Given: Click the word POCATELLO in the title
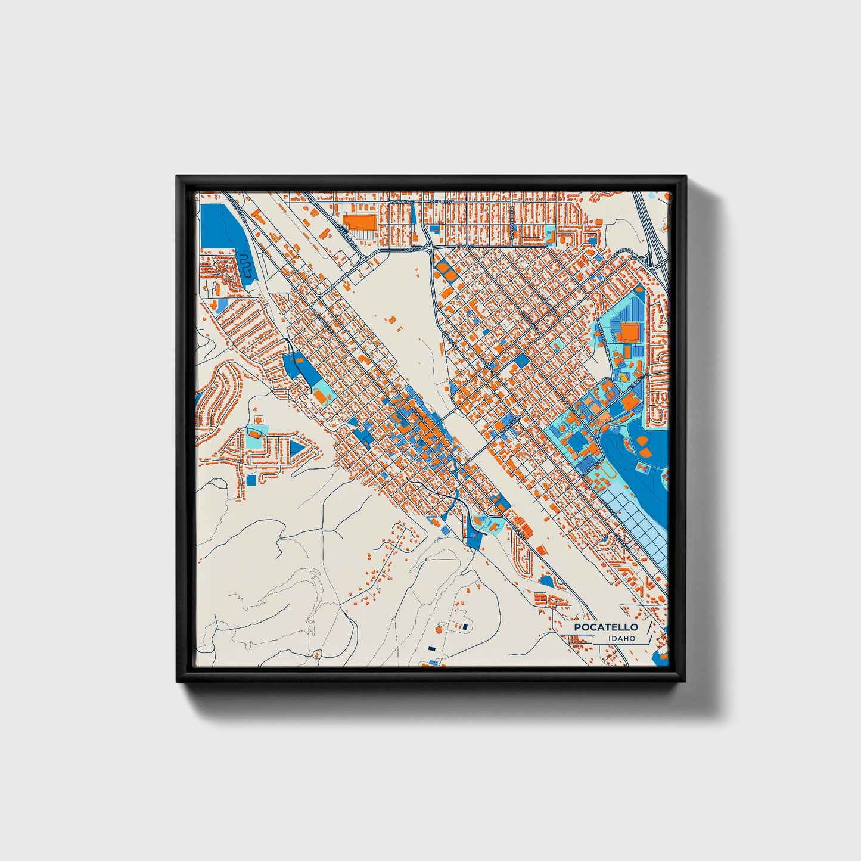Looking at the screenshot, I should click(x=605, y=627).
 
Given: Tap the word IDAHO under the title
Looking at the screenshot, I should click(x=621, y=638).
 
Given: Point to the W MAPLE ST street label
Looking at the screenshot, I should click(x=402, y=201).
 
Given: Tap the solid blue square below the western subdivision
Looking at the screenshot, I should click(x=251, y=480).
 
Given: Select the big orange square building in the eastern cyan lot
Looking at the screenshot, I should click(x=629, y=331).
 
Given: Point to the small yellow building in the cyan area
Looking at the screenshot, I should click(x=623, y=377).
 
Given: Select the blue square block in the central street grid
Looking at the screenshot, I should click(x=521, y=360).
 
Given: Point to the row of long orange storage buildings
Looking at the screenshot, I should click(x=523, y=527).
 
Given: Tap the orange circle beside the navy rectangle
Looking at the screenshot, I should click(x=439, y=629).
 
